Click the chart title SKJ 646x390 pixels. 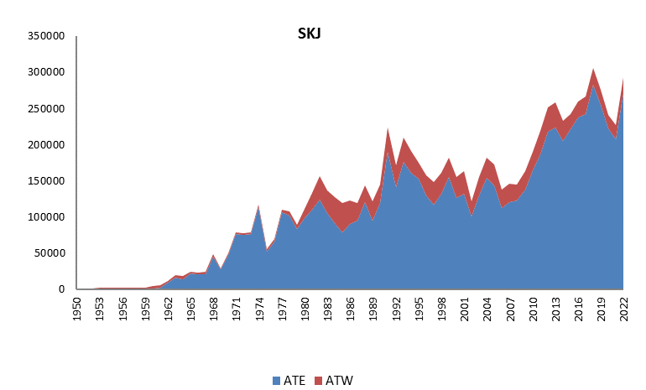(x=310, y=34)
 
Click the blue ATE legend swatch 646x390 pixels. (x=276, y=381)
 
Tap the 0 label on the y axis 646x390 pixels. (x=61, y=289)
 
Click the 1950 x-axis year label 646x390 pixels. (x=78, y=309)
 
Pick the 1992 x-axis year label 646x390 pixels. (x=396, y=309)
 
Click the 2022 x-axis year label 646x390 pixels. (x=623, y=309)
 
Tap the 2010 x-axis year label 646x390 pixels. (x=533, y=309)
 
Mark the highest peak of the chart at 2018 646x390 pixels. (x=593, y=69)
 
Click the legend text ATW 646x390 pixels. (x=340, y=381)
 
